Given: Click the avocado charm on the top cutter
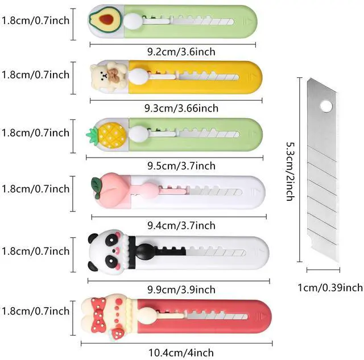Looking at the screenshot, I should (x=104, y=20).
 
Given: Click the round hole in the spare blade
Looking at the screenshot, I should (x=326, y=106).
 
